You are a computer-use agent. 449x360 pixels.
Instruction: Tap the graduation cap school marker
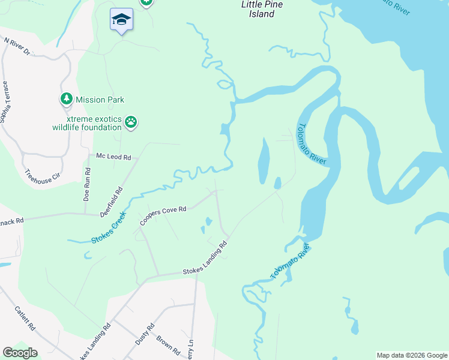coord(121,20)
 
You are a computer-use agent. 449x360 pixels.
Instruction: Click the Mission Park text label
coord(100,100)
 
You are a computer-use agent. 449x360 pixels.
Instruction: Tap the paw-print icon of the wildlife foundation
coord(131,122)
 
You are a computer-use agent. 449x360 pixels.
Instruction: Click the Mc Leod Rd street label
coord(113,157)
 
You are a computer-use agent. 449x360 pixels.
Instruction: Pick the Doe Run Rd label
coord(88,184)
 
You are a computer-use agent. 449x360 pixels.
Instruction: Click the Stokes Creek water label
coord(109,227)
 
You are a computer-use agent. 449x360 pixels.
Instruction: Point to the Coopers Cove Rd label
coord(163,216)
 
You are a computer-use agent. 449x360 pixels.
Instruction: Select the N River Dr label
coord(17,47)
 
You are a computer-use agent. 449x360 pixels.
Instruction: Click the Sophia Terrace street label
coord(5,102)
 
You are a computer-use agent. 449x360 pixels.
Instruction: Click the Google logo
coord(20,353)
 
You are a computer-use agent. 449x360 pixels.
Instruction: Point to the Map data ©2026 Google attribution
coord(412,355)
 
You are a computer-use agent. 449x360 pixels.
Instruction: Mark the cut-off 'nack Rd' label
coord(11,221)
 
